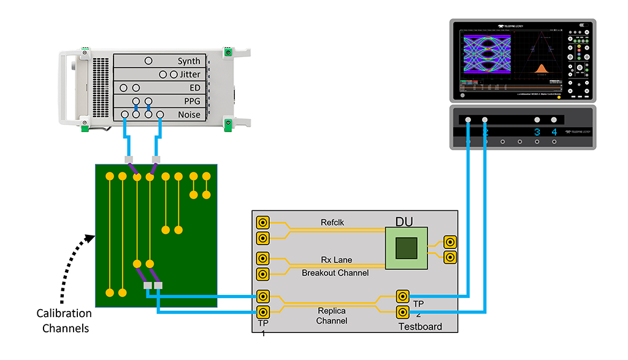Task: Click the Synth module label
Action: tap(189, 61)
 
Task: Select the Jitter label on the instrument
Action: tap(190, 75)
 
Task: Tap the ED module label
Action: tap(195, 88)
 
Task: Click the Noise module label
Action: tap(189, 115)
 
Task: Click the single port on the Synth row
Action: tap(148, 61)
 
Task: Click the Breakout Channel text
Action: tap(335, 273)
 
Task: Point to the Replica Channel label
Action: tap(332, 315)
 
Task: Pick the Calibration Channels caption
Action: tap(64, 321)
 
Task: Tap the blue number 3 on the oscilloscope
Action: tap(537, 132)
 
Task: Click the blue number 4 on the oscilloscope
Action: tap(554, 132)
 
